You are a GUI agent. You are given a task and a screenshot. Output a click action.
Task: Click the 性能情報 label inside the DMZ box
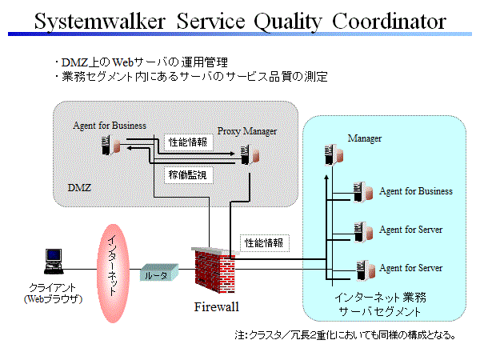pos(189,142)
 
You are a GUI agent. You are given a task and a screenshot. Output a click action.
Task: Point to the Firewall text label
pos(216,306)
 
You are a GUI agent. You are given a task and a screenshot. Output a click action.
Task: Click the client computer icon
pos(51,262)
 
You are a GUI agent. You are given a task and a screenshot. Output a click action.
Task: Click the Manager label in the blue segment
pos(365,138)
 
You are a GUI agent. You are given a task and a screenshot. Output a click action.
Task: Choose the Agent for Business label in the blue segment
pos(416,191)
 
